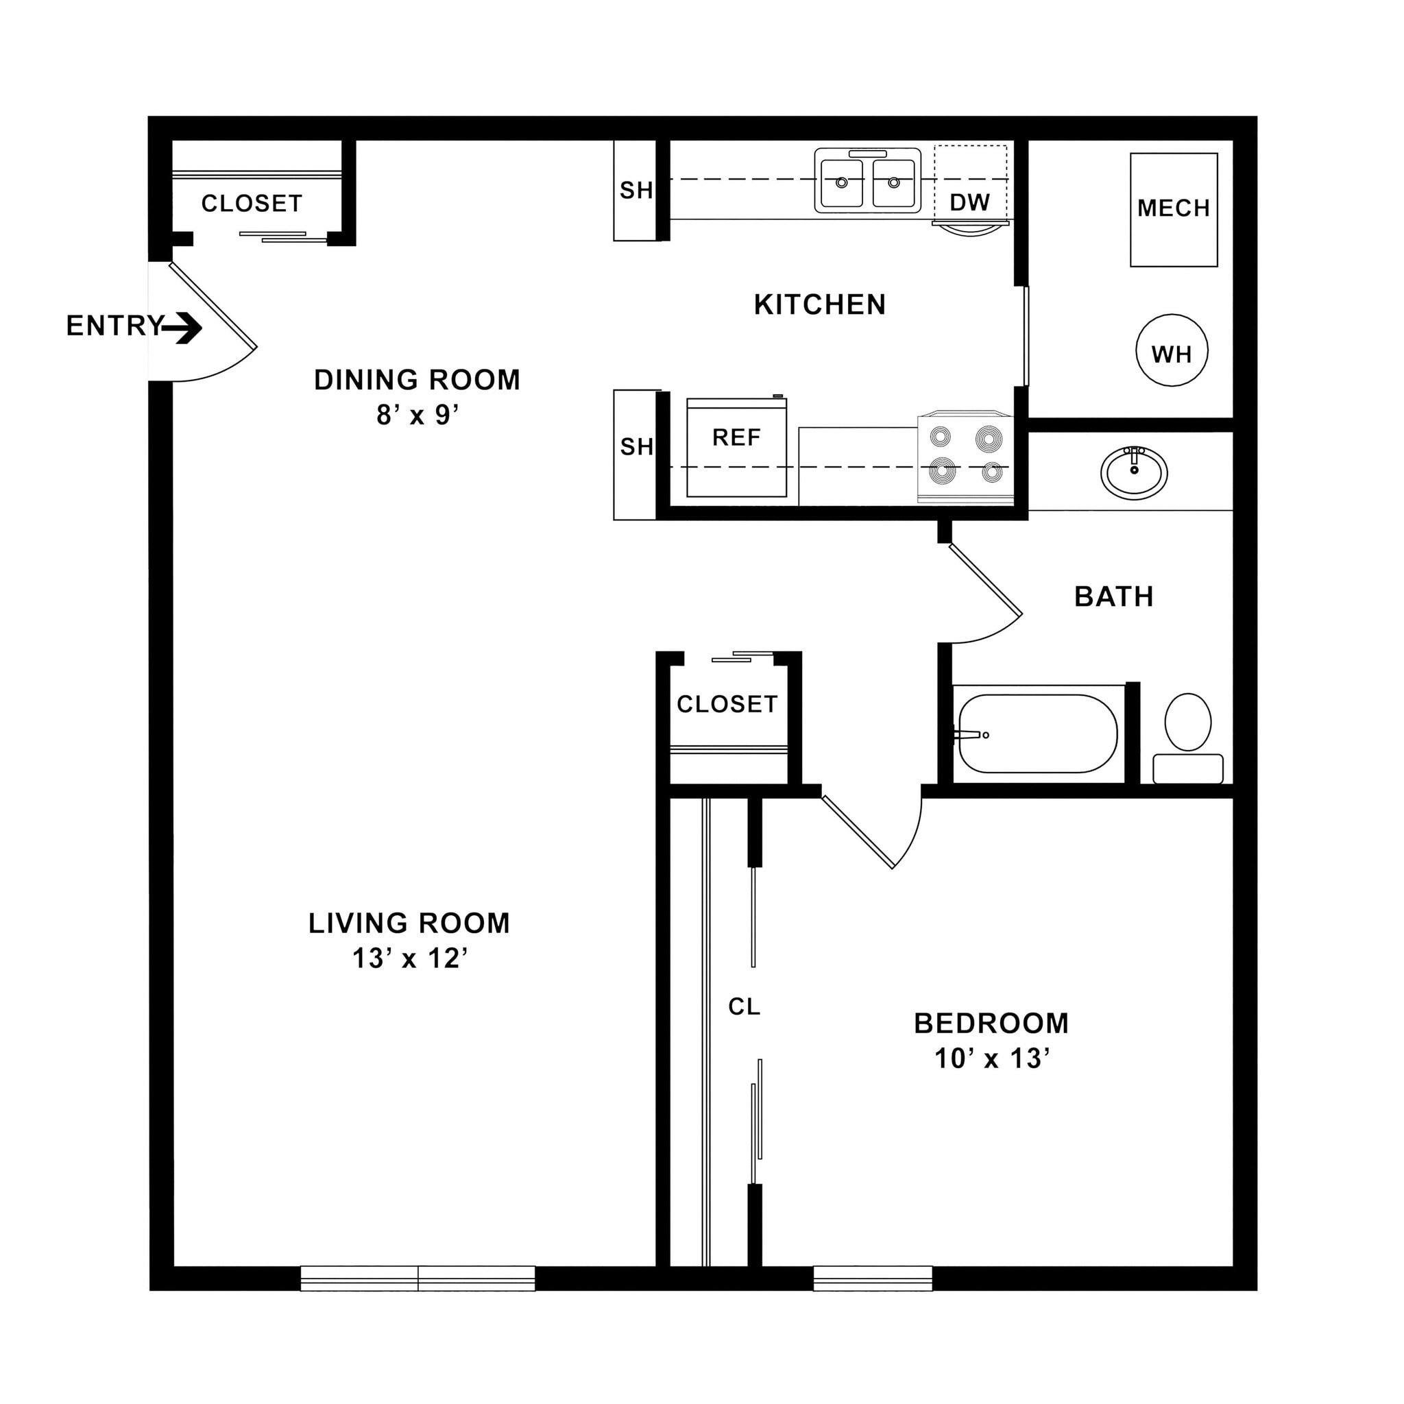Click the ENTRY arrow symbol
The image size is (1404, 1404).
pos(182,328)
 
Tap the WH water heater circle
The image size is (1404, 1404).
pos(1172,351)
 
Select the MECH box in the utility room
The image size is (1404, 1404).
pos(1173,209)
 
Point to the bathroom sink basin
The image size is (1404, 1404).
pos(1134,472)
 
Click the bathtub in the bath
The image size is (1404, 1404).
pos(1037,734)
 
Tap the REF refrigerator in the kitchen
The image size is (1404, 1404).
pos(736,447)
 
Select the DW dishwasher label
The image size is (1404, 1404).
pos(969,202)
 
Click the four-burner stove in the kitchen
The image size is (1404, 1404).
pos(965,456)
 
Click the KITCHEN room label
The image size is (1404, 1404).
pos(820,304)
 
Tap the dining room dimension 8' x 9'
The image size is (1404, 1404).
pos(417,415)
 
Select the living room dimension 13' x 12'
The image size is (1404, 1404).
pos(409,958)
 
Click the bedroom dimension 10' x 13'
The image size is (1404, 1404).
pos(991,1058)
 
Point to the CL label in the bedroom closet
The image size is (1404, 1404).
pos(743,1006)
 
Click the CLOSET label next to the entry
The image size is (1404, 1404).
pos(252,204)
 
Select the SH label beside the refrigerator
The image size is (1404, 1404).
pos(636,446)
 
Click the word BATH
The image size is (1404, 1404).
pos(1113,596)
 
